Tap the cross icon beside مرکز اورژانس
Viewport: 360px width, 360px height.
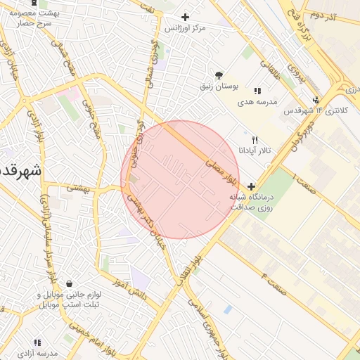(x=185, y=17)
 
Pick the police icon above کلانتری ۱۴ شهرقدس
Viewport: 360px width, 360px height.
(x=316, y=99)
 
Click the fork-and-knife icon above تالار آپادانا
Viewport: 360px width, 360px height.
(x=255, y=139)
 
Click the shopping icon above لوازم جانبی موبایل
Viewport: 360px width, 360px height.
(x=69, y=283)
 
